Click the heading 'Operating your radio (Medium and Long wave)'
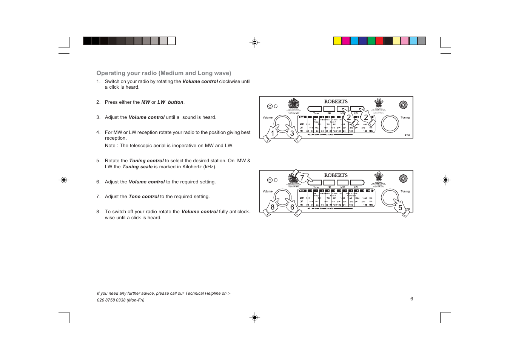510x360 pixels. [x=163, y=73]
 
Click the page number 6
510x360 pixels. [x=411, y=298]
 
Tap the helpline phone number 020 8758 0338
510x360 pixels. [x=111, y=300]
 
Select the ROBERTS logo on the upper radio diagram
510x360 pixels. [x=336, y=102]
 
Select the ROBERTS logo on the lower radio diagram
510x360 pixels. [x=336, y=175]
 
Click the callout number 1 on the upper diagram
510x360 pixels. [x=273, y=133]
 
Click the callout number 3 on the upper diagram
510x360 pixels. [x=292, y=133]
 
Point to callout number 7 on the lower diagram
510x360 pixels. [x=302, y=178]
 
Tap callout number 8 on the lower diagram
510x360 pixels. [x=273, y=207]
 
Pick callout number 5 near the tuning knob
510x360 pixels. [x=400, y=208]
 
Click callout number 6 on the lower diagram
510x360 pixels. [x=292, y=207]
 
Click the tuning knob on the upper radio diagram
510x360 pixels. [x=390, y=124]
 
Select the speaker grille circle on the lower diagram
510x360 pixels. [x=403, y=178]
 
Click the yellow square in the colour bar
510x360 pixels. [x=337, y=41]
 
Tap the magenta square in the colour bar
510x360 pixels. [x=346, y=41]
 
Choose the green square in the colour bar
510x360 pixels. [x=371, y=41]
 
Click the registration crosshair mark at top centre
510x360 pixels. [x=255, y=42]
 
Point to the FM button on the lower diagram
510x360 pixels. [x=329, y=183]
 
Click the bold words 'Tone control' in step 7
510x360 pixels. [x=143, y=197]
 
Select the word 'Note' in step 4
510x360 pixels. [x=110, y=146]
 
